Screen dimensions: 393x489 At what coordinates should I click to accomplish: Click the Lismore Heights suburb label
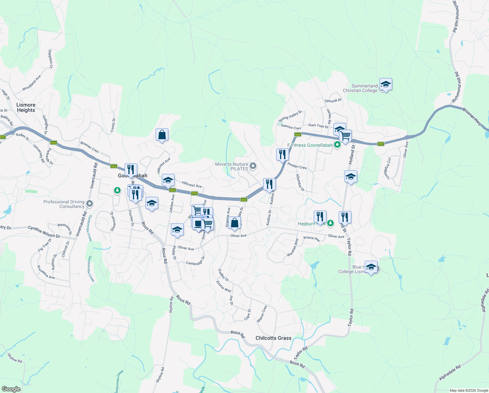tap(26, 107)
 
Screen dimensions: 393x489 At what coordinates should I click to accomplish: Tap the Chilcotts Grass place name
tap(273, 338)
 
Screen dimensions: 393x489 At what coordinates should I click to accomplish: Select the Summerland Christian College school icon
tap(386, 84)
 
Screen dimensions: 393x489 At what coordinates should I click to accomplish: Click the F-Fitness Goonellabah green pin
tap(337, 145)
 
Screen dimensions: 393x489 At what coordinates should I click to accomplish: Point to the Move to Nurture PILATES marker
tap(253, 166)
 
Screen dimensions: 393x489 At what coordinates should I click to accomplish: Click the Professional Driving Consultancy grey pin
tap(90, 204)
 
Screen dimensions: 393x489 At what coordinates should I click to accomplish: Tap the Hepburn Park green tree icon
tap(330, 223)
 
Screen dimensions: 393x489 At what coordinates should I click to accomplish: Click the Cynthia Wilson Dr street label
tap(44, 232)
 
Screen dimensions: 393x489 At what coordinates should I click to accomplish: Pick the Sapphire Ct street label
tap(50, 59)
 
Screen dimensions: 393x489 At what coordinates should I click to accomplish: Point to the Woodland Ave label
tap(32, 83)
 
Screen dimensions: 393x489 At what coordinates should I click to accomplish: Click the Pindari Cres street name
tap(297, 166)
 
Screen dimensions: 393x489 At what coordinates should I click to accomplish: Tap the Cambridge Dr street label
tap(195, 261)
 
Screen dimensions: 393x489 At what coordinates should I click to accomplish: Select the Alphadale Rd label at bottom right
tap(450, 373)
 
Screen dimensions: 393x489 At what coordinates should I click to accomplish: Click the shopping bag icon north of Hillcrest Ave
tap(162, 135)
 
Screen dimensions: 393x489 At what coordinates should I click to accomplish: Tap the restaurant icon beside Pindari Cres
tap(282, 154)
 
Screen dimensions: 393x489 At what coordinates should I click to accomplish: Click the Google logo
tap(11, 389)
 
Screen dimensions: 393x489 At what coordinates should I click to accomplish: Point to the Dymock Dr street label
tap(333, 101)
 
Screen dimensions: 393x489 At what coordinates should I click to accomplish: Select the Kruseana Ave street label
tap(46, 272)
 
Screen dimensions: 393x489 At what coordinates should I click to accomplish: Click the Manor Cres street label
tap(262, 314)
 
